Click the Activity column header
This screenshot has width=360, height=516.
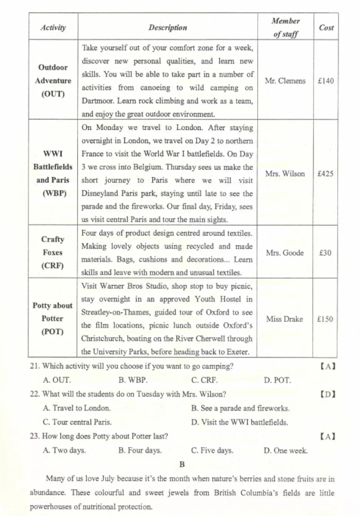click(x=53, y=28)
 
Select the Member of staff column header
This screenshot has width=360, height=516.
click(x=285, y=27)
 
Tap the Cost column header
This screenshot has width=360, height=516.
click(x=326, y=28)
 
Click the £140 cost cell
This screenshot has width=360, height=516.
click(x=326, y=81)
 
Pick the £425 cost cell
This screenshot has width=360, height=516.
click(x=326, y=174)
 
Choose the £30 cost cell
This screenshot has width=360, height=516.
click(x=326, y=253)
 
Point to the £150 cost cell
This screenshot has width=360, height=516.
click(x=326, y=319)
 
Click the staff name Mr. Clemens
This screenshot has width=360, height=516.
click(x=285, y=81)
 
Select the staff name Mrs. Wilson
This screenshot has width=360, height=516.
click(x=285, y=174)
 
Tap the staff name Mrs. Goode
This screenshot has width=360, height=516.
click(x=285, y=253)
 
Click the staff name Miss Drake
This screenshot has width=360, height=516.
click(x=285, y=319)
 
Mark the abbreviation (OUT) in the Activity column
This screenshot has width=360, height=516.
click(x=53, y=94)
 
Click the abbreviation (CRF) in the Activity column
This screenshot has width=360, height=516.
click(x=53, y=265)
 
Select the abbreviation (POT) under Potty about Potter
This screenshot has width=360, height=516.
click(x=53, y=332)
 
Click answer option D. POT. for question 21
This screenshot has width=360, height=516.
click(x=277, y=379)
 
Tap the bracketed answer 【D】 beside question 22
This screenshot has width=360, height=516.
click(x=328, y=394)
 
